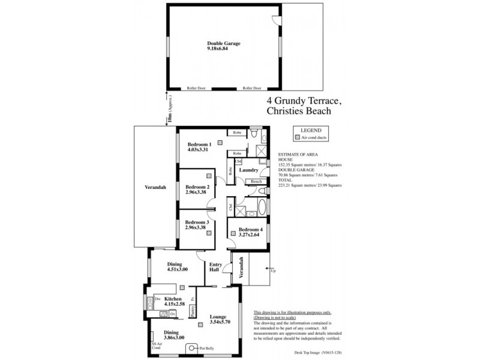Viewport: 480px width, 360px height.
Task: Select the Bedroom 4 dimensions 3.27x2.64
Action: (x=250, y=236)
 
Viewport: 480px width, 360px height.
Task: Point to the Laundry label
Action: (x=248, y=170)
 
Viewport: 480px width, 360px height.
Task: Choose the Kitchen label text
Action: (x=173, y=298)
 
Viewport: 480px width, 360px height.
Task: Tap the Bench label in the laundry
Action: (x=256, y=181)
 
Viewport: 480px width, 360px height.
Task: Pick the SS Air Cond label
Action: (x=156, y=346)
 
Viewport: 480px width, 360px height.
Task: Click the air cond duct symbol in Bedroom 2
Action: (x=208, y=176)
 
